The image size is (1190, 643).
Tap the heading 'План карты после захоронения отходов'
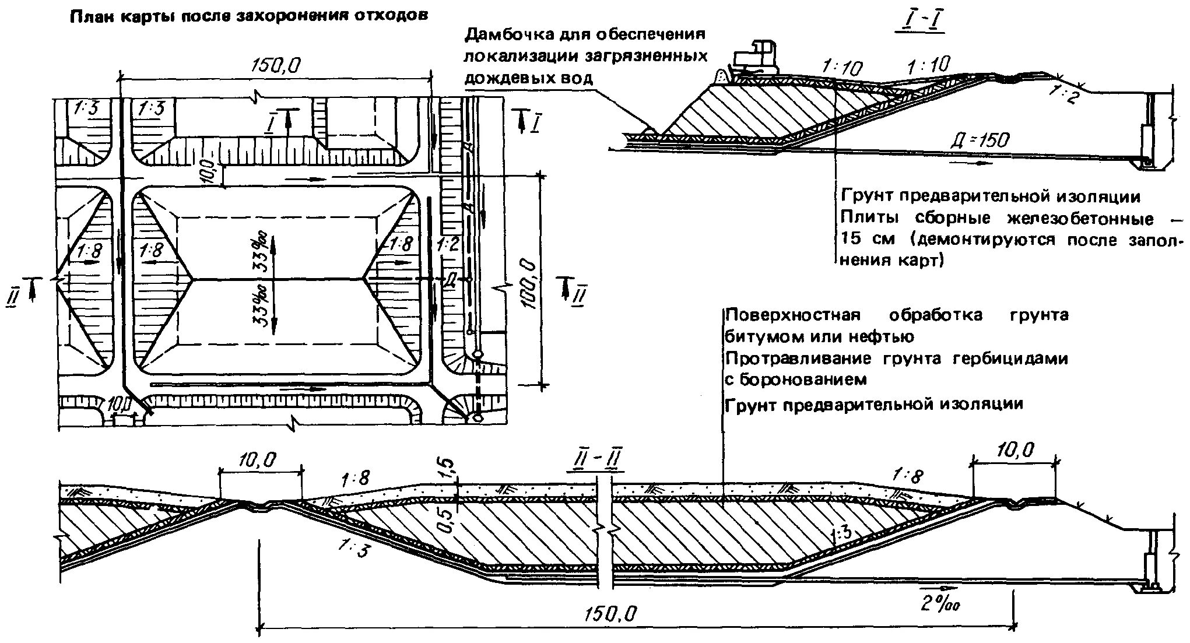249,16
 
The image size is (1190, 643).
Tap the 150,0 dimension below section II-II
610,614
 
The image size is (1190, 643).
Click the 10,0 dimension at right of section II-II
1016,450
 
